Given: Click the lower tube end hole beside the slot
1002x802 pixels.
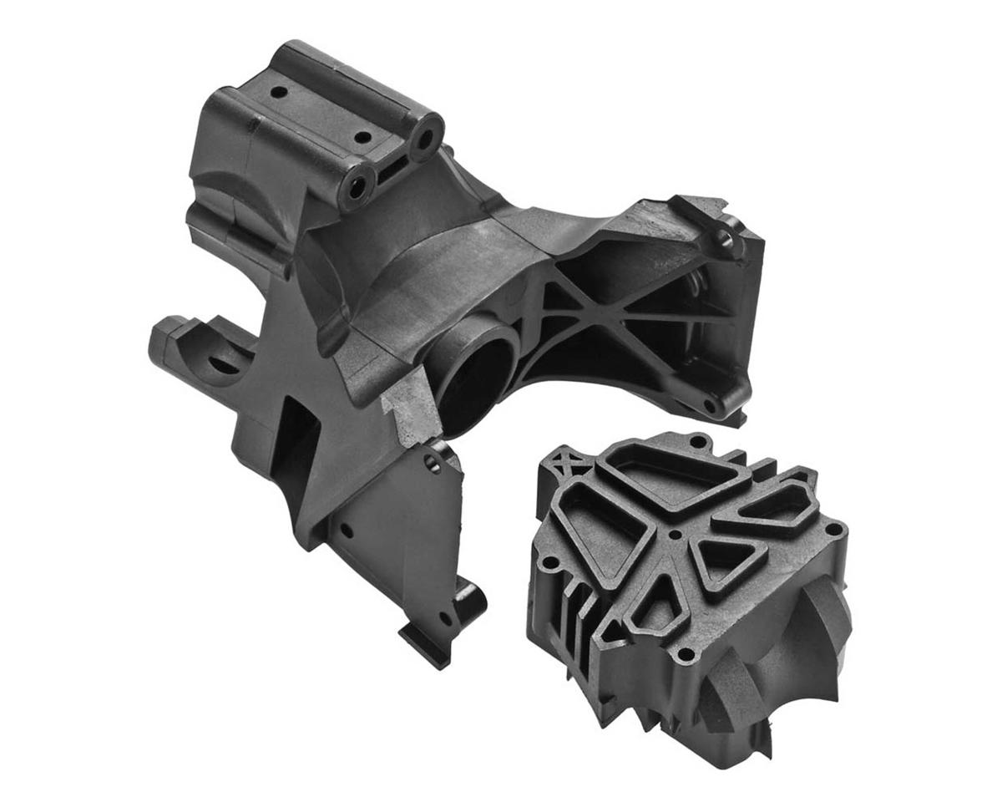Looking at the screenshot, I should (357, 188).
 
